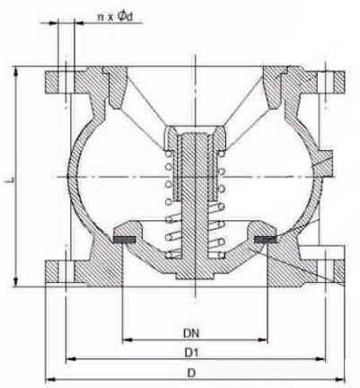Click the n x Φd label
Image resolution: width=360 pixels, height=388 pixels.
tap(115, 17)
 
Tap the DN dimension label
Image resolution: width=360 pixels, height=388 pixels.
tap(191, 333)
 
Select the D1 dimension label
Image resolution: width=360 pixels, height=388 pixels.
tap(191, 353)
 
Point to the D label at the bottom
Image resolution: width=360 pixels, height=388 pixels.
tap(191, 373)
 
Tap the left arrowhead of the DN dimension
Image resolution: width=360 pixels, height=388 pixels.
tap(127, 339)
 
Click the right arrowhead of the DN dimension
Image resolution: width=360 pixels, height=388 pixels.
tap(262, 339)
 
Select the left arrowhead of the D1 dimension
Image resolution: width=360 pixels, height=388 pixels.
tap(71, 358)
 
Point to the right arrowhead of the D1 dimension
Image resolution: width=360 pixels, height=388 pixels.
tap(320, 358)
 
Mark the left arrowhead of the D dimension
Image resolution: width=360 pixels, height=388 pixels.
tap(50, 380)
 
